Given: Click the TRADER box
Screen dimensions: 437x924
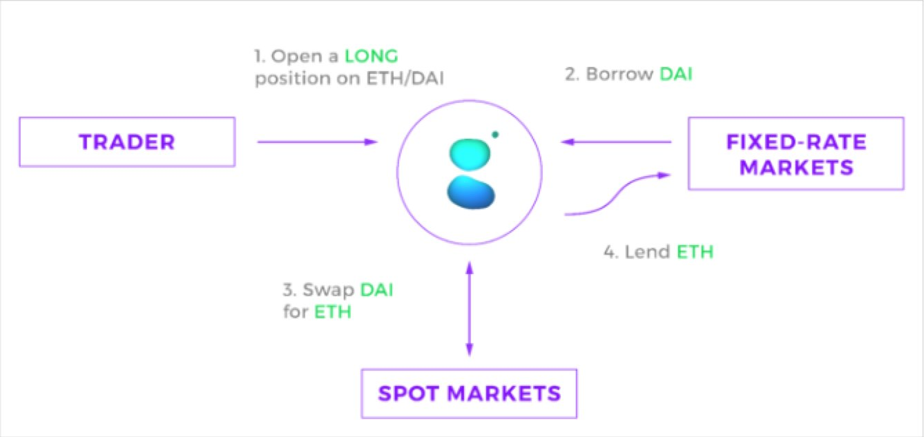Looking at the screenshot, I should (126, 142).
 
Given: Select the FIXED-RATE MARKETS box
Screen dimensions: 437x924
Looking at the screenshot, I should (796, 153).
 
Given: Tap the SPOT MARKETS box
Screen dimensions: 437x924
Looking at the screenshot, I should (469, 394).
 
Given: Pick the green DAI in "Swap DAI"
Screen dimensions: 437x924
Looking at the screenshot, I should (376, 289).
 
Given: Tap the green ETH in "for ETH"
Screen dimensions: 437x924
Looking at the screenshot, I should (333, 311).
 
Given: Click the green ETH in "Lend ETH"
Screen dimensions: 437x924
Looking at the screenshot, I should (694, 252).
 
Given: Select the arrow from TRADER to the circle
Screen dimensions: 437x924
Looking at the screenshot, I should (318, 142).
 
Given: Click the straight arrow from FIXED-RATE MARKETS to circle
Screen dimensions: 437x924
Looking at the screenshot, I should (617, 142).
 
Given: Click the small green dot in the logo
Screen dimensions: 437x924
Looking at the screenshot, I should (495, 134).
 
